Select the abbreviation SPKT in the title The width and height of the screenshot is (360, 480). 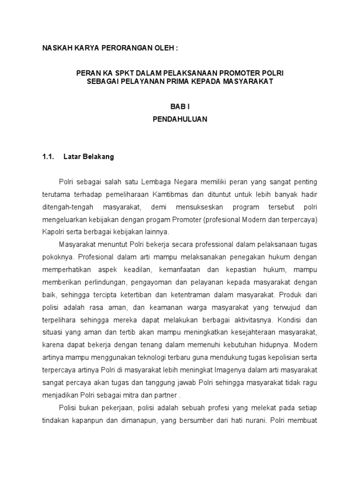[x=112, y=74]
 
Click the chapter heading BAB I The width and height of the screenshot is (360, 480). [x=180, y=107]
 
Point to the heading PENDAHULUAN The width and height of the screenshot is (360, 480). [x=180, y=119]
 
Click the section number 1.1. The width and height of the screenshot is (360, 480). [x=49, y=157]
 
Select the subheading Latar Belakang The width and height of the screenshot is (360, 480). [x=89, y=157]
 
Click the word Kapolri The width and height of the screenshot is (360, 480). [x=53, y=232]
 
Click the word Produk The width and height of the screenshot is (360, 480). [x=292, y=295]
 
